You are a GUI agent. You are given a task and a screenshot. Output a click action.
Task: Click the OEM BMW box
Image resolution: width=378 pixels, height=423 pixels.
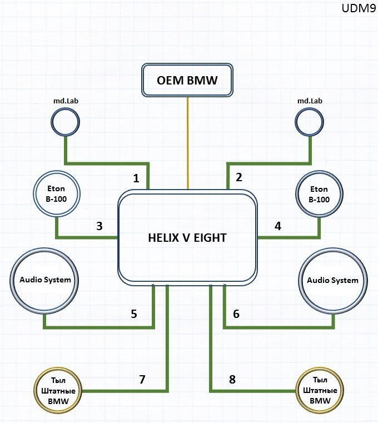pyautogui.click(x=187, y=80)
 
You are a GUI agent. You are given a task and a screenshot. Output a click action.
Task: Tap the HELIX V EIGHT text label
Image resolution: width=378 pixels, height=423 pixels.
pyautogui.click(x=187, y=238)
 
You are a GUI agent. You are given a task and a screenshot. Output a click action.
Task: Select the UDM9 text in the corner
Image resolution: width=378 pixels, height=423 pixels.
pyautogui.click(x=359, y=8)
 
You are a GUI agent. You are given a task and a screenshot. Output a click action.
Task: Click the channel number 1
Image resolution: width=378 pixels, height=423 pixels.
pyautogui.click(x=136, y=178)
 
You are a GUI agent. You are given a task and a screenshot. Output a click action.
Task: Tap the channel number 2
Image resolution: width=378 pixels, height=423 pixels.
pyautogui.click(x=239, y=177)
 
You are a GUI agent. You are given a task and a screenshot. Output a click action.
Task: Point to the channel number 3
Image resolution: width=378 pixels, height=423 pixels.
pyautogui.click(x=100, y=226)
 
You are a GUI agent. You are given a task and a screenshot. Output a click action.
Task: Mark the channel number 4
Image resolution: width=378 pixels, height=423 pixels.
pyautogui.click(x=278, y=226)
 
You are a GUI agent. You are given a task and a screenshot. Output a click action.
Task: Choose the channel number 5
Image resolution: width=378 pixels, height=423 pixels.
pyautogui.click(x=134, y=314)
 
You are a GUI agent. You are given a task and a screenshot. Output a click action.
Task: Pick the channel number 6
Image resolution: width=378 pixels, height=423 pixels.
pyautogui.click(x=236, y=314)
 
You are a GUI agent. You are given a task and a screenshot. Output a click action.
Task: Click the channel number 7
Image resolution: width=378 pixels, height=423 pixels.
pyautogui.click(x=142, y=379)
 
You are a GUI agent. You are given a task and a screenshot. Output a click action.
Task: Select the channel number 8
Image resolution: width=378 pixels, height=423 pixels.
pyautogui.click(x=232, y=379)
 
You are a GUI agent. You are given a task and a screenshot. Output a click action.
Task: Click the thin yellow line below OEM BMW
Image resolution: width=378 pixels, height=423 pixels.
pyautogui.click(x=187, y=143)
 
